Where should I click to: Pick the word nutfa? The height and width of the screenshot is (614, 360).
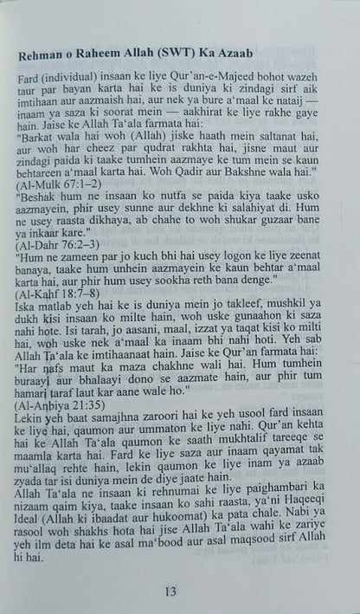click(x=178, y=222)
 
